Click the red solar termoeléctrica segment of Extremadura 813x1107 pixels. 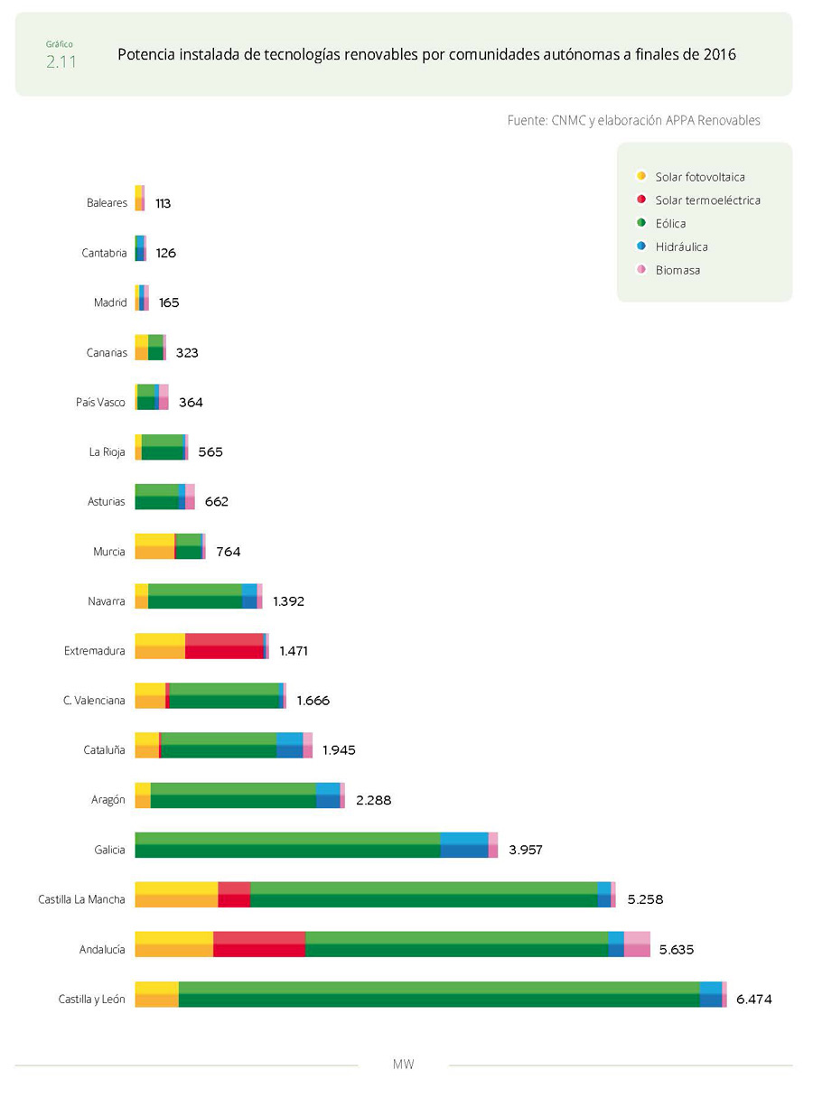click(x=224, y=647)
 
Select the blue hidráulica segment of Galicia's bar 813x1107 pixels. click(x=464, y=845)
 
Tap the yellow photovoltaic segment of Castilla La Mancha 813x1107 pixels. click(x=176, y=895)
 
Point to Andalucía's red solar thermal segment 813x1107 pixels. click(x=259, y=944)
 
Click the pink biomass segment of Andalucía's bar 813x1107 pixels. click(x=637, y=944)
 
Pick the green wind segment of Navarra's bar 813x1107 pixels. click(x=195, y=597)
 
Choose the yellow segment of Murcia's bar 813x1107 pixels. click(x=154, y=547)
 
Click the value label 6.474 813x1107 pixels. click(x=754, y=1000)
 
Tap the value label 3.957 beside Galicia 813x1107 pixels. click(x=525, y=850)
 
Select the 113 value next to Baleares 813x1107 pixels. click(x=164, y=204)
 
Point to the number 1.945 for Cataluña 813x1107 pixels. click(x=340, y=750)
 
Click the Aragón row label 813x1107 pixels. click(x=108, y=800)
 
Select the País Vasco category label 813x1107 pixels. click(x=100, y=403)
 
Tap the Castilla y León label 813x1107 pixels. click(x=91, y=1000)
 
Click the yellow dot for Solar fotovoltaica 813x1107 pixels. click(x=640, y=177)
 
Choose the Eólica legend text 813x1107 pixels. click(x=670, y=223)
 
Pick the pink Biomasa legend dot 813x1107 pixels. click(x=640, y=270)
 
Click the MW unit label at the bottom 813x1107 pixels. click(x=404, y=1065)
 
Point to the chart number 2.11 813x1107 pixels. click(x=61, y=62)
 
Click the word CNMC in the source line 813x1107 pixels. click(x=567, y=120)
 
